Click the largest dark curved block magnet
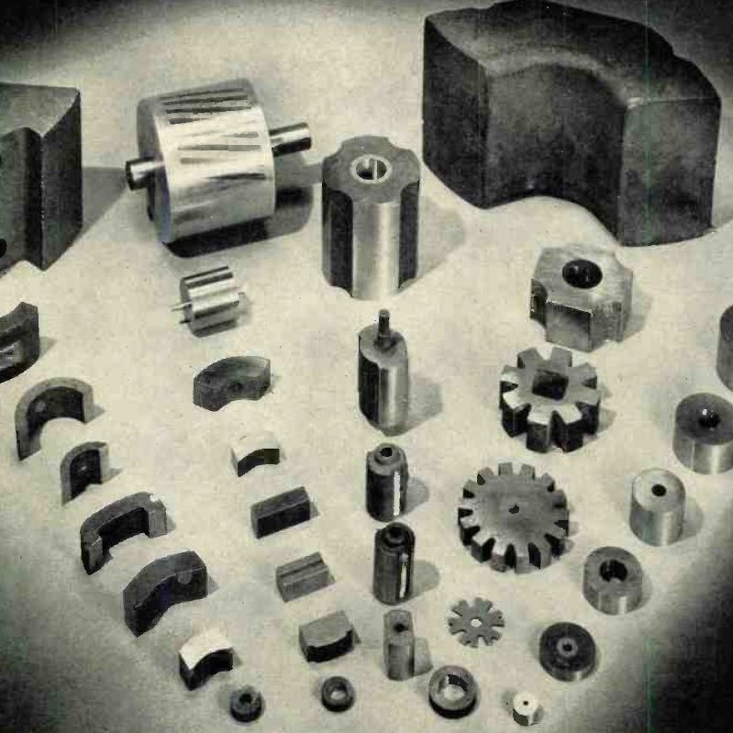click(569, 119)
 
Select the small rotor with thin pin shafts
click(211, 299)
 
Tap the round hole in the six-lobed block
click(581, 274)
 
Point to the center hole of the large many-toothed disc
click(513, 508)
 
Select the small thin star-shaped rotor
click(476, 621)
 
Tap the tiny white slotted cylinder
click(526, 706)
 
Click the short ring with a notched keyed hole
click(613, 577)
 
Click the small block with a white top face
click(256, 451)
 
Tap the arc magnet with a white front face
click(205, 655)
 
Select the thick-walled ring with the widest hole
click(453, 689)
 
